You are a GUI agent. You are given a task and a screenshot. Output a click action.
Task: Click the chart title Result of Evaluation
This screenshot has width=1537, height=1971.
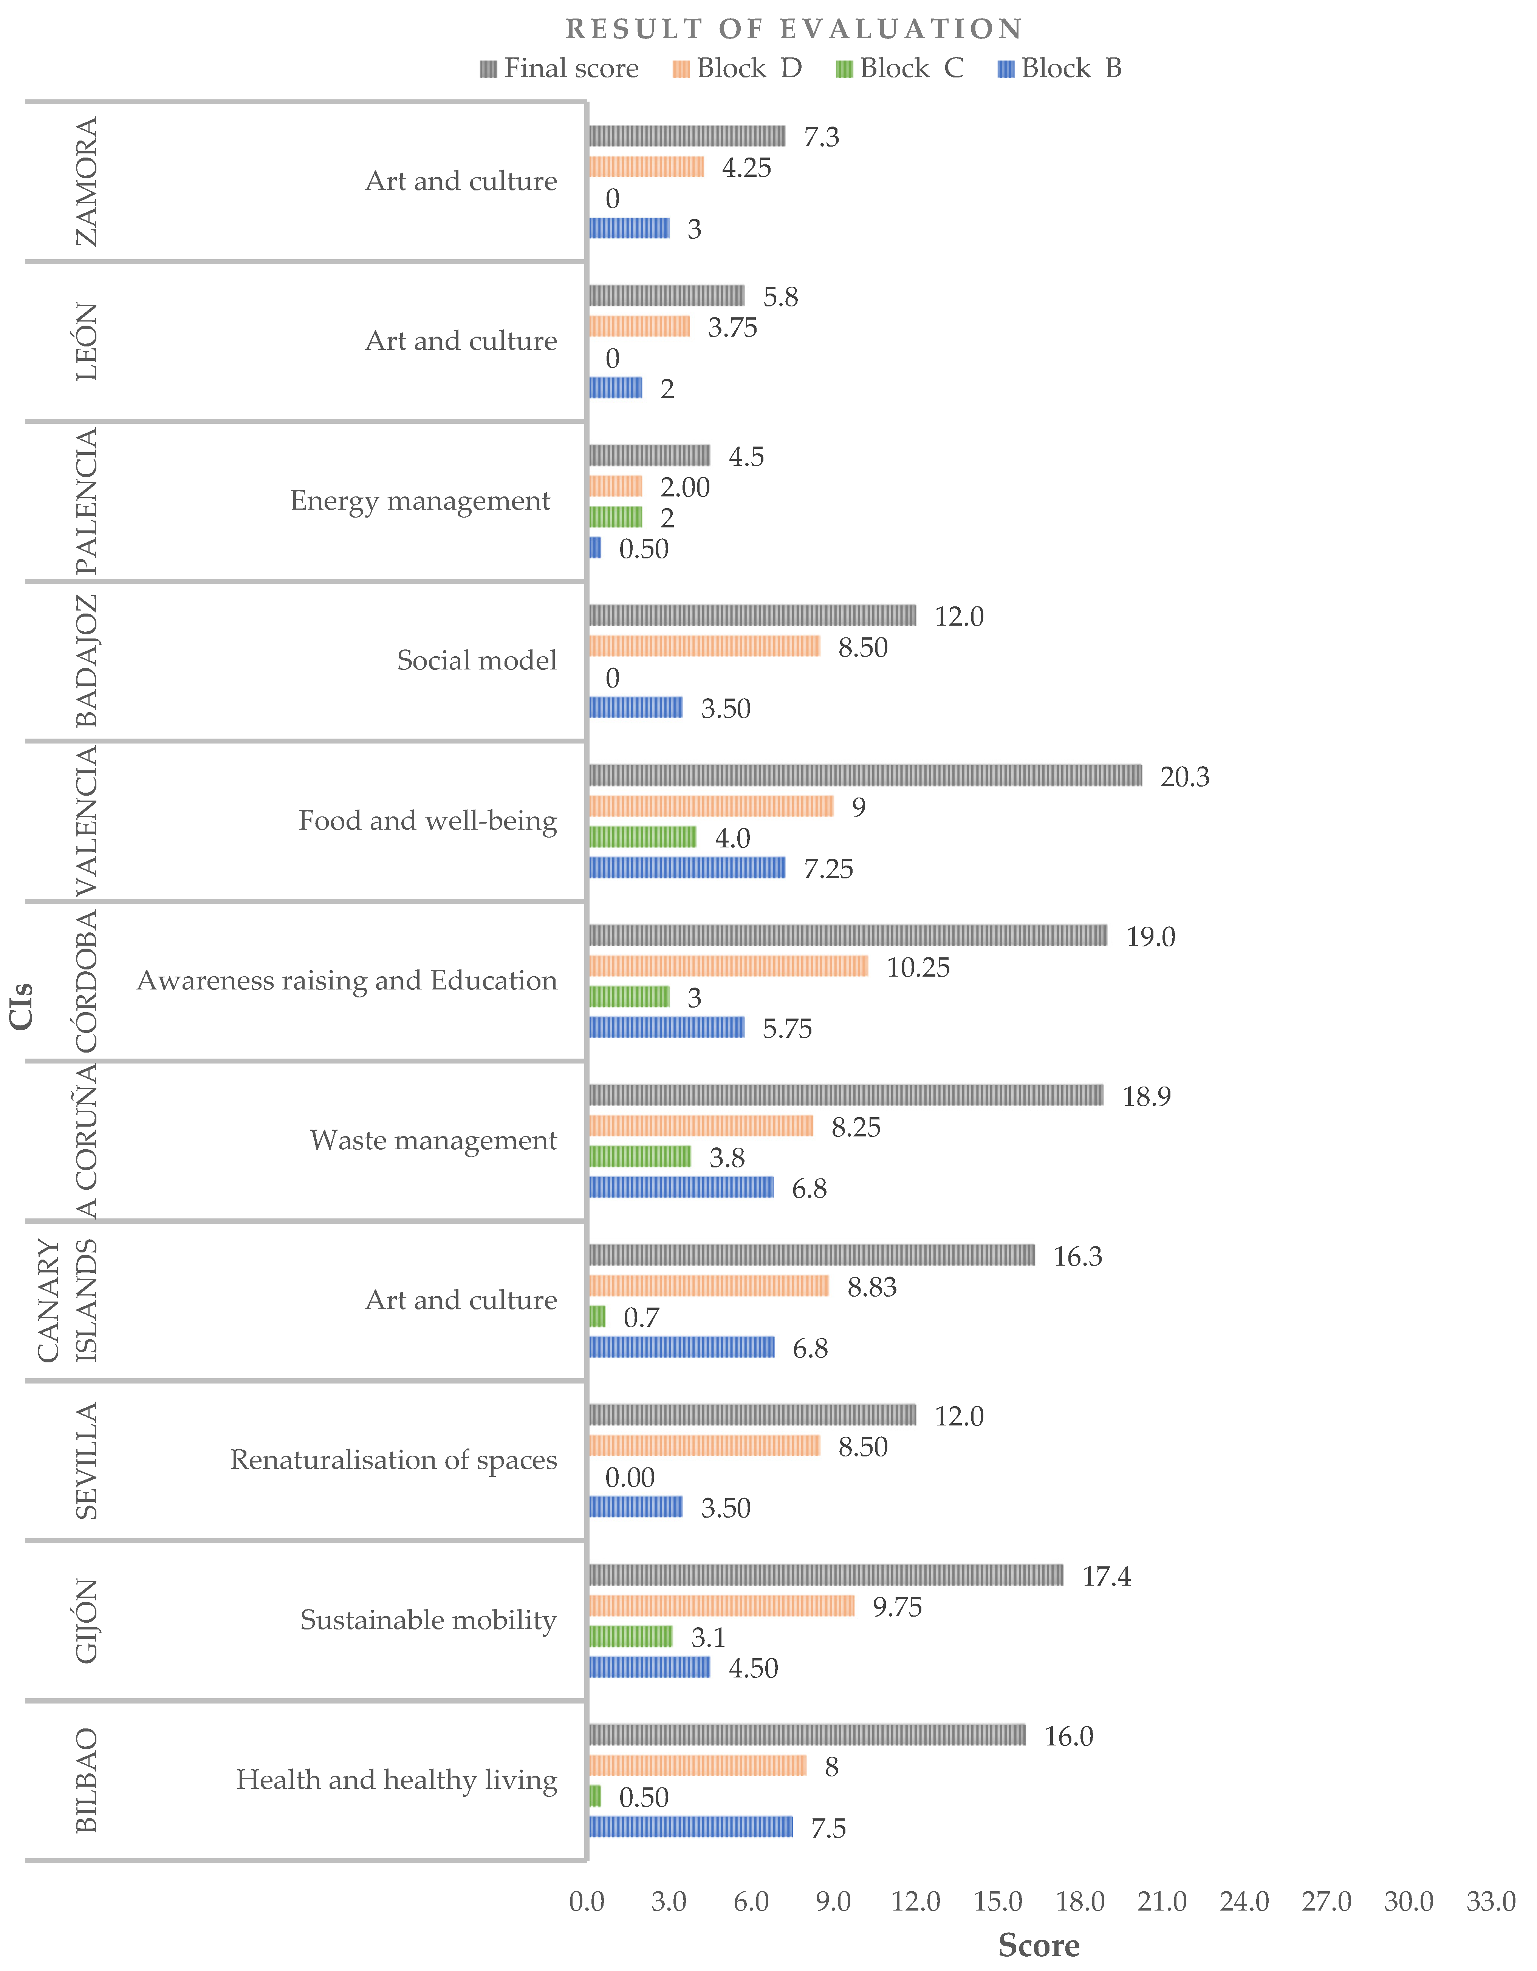[794, 29]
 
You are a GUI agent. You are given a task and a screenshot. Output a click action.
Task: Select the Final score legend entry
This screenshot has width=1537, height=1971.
[560, 69]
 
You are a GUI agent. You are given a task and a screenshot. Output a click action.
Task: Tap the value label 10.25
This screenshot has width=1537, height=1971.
[918, 968]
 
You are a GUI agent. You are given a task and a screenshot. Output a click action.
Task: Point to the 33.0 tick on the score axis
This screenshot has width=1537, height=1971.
[1490, 1901]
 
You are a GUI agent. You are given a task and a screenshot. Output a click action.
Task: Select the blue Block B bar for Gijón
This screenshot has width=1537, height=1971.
[649, 1667]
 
